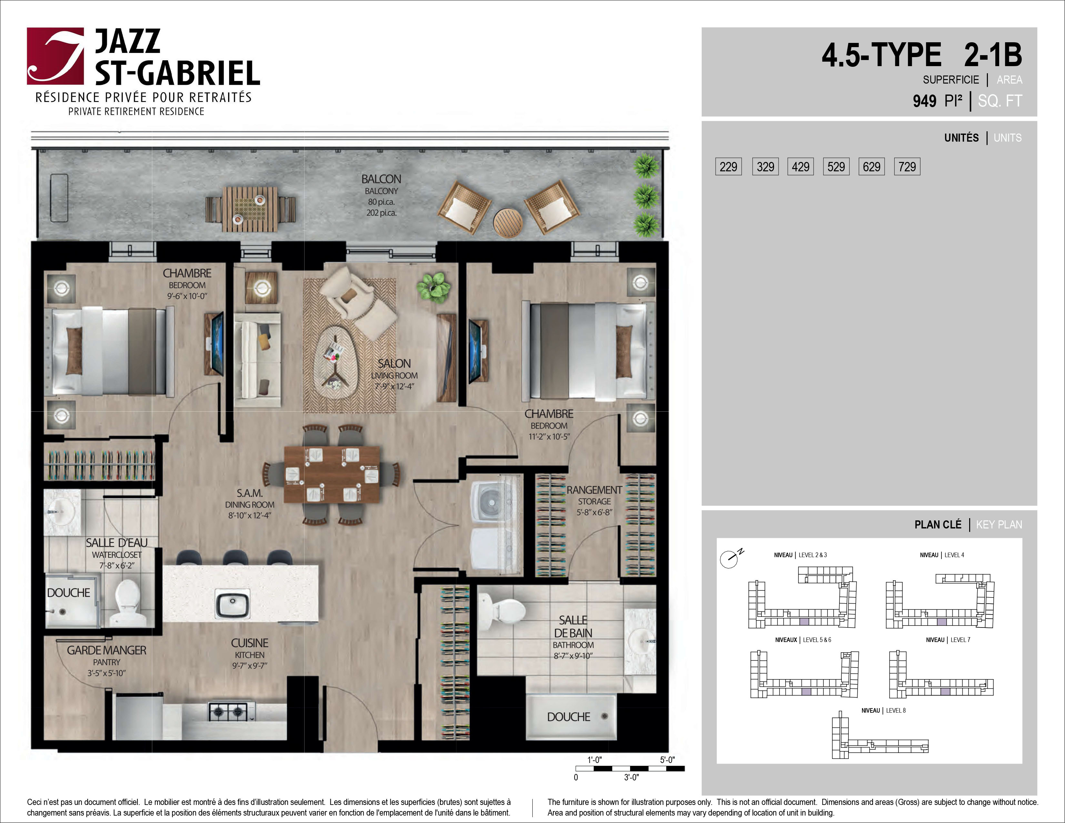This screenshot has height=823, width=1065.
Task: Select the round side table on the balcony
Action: click(x=507, y=223)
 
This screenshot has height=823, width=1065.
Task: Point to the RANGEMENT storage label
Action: click(x=594, y=501)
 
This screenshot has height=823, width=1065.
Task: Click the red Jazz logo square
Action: click(x=55, y=56)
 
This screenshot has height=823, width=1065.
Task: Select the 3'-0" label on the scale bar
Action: click(x=631, y=777)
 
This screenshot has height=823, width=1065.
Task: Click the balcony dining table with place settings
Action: click(x=250, y=209)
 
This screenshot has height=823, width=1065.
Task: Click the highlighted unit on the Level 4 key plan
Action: click(x=942, y=622)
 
